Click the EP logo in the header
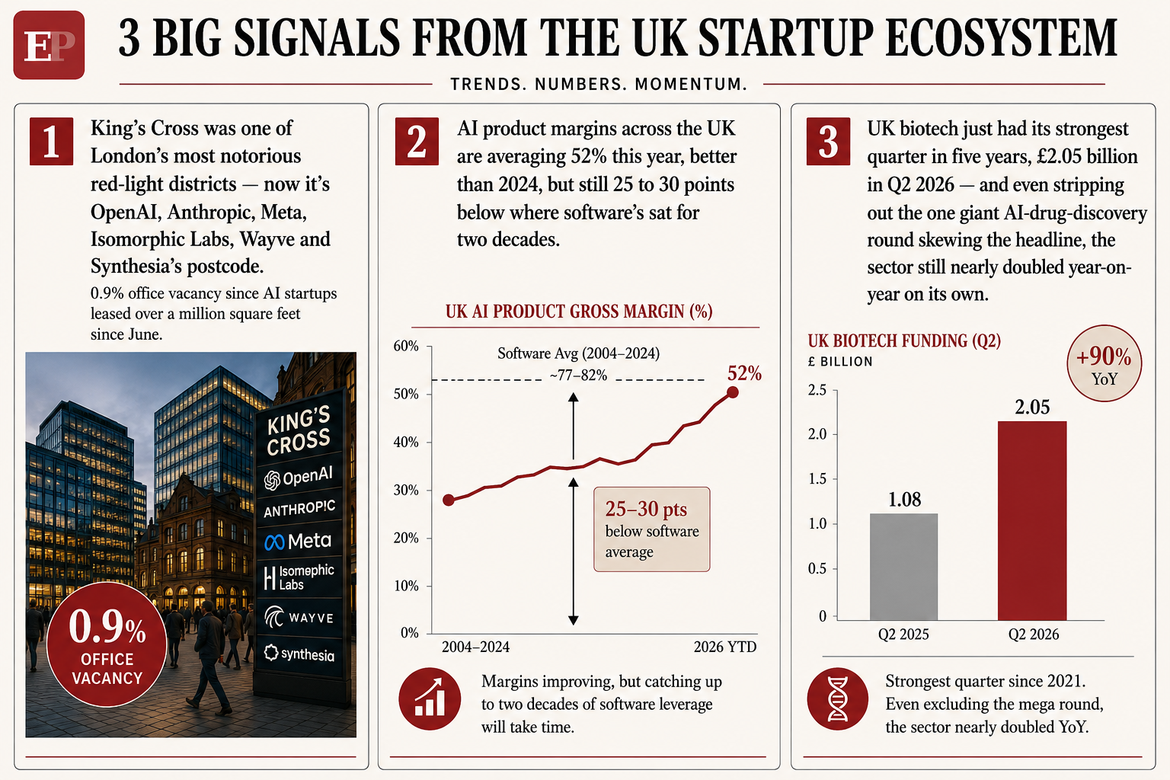(x=49, y=45)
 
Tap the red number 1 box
(x=51, y=142)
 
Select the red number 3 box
(x=828, y=142)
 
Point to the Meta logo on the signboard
(x=298, y=542)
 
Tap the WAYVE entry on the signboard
(x=299, y=618)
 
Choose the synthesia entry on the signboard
(x=299, y=654)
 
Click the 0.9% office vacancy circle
(x=107, y=644)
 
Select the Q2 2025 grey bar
(x=903, y=567)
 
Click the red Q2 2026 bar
(x=1032, y=520)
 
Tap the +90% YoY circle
(x=1104, y=363)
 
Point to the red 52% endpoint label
(x=744, y=373)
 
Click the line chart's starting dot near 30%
(x=449, y=500)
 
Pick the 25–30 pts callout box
(x=652, y=529)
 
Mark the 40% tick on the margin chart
(x=406, y=443)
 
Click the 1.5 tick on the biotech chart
(x=817, y=478)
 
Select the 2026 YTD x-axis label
(x=725, y=647)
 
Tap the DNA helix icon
(x=837, y=698)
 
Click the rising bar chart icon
(x=430, y=698)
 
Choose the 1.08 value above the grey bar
(x=905, y=500)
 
